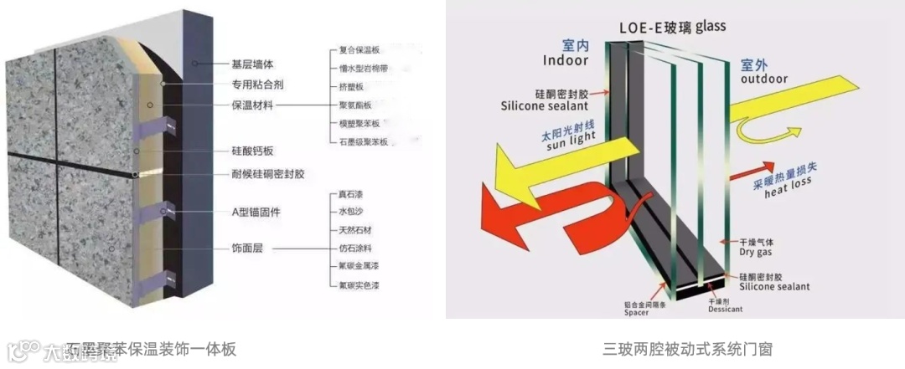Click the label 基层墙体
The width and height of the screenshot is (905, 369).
(253, 64)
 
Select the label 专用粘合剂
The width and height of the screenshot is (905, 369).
(258, 84)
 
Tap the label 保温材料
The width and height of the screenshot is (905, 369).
(253, 105)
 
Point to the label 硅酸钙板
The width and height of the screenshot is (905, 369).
(253, 151)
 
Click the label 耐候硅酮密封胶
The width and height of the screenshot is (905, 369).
(268, 174)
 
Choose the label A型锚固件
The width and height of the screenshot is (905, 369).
(256, 212)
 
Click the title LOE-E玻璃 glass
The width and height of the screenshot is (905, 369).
(672, 26)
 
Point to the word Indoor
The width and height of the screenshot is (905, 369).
(566, 60)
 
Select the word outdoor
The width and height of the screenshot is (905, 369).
(764, 79)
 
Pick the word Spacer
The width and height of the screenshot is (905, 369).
(637, 313)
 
